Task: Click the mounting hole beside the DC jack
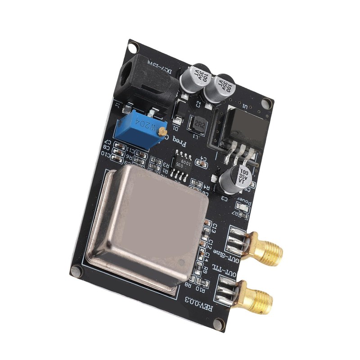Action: point(133,46)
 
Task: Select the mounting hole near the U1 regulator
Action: point(267,103)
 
